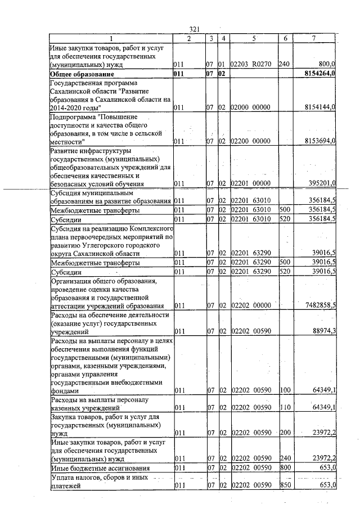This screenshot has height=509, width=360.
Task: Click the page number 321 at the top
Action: tap(195, 29)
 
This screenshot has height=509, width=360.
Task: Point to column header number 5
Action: tap(254, 38)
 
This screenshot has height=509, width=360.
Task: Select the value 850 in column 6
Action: tap(284, 485)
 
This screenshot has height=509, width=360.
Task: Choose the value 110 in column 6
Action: tap(284, 407)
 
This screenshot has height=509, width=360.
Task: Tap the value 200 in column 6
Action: tap(284, 433)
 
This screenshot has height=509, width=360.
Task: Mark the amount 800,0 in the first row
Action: tap(326, 65)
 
